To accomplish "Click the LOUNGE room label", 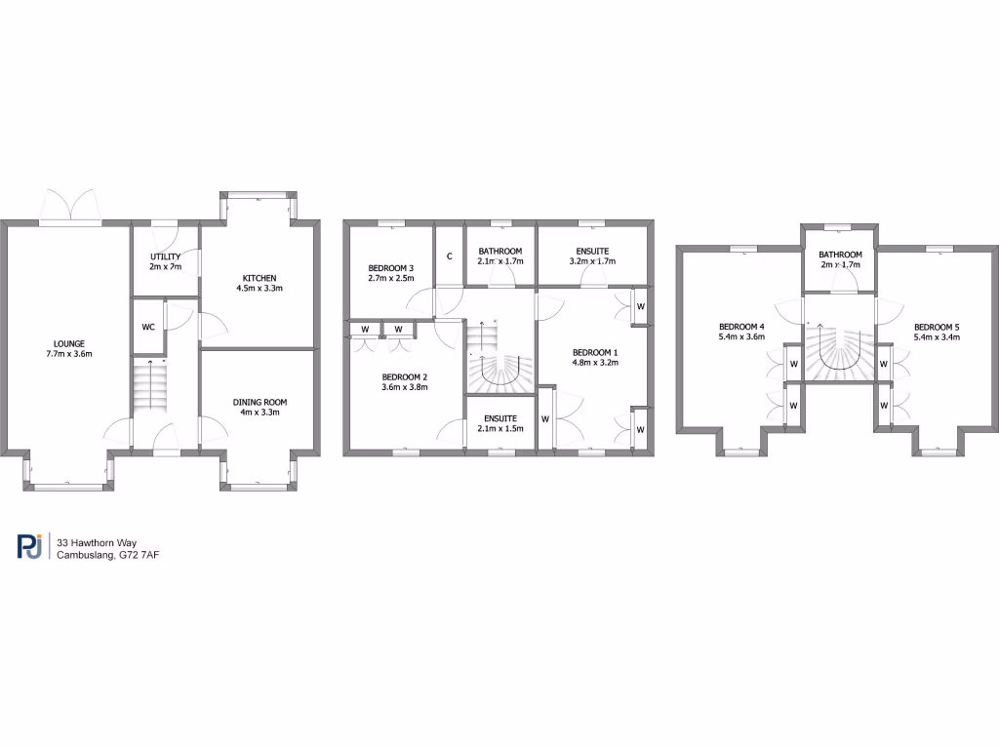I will (69, 343).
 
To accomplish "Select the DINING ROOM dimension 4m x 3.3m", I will (260, 413).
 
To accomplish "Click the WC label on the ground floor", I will (147, 327).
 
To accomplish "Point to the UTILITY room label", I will (165, 256).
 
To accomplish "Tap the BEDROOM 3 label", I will (390, 268).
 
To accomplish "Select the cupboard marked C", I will (449, 256).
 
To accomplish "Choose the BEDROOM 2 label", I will (404, 376).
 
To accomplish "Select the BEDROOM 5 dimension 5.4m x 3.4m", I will (937, 337).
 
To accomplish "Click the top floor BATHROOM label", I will (840, 255).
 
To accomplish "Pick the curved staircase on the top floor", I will (839, 351).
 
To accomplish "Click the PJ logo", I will (29, 547).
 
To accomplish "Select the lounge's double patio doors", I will (70, 205).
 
